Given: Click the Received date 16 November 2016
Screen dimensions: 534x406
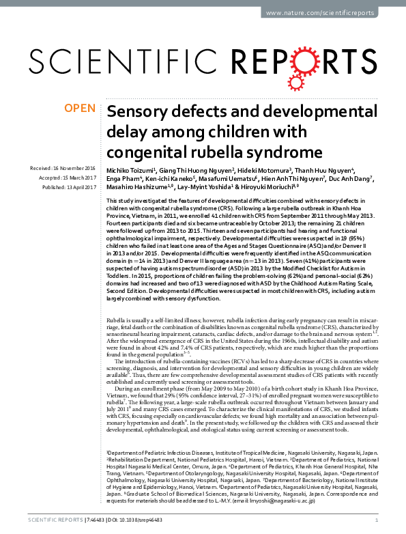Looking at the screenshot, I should [63, 168].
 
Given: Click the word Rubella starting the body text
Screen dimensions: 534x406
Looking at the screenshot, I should [117, 320].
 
